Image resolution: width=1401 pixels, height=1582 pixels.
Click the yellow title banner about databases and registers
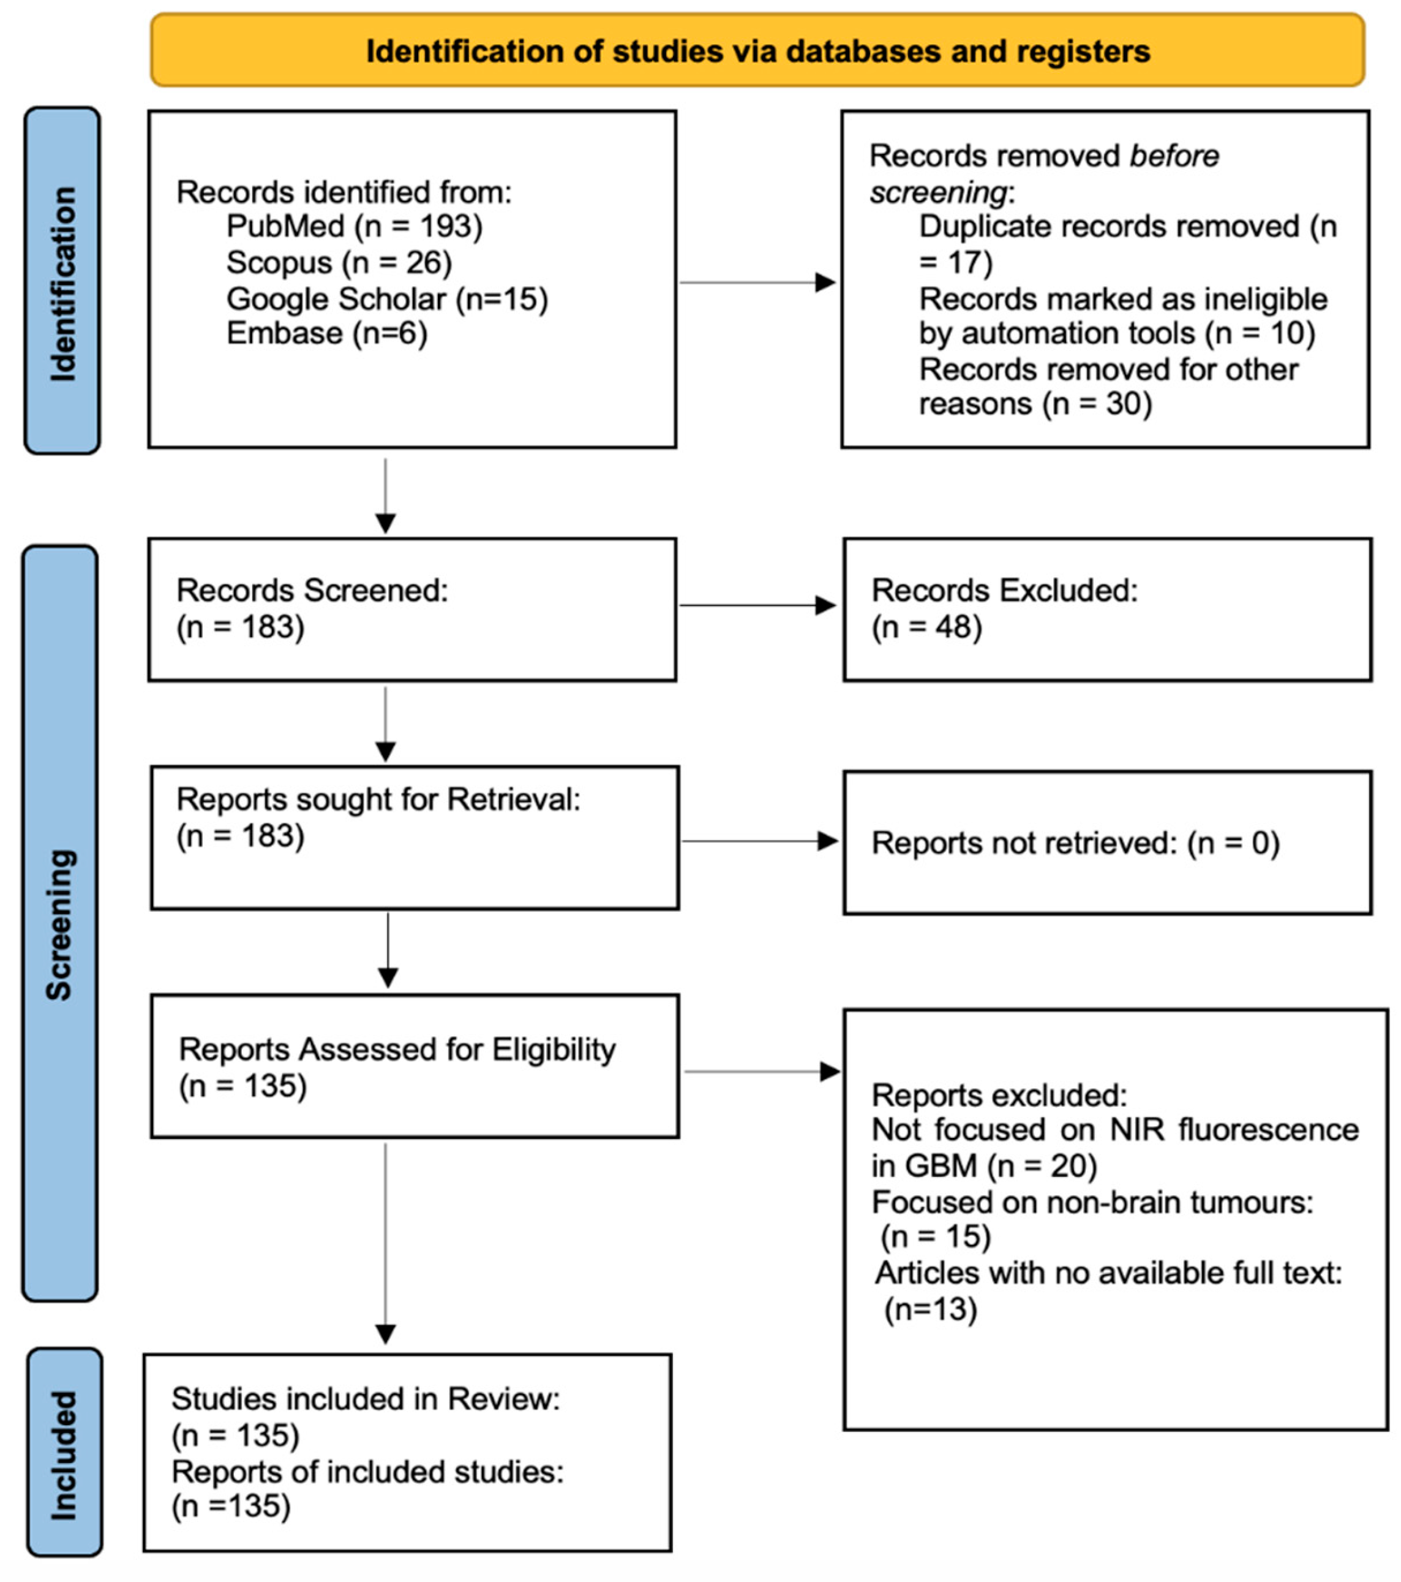[757, 50]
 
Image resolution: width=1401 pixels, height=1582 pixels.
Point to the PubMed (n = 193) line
[355, 227]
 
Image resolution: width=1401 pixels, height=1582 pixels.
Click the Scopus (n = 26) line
[339, 262]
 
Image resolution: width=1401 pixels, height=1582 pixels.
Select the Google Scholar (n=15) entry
[387, 299]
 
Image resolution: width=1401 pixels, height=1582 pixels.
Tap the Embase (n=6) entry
[326, 333]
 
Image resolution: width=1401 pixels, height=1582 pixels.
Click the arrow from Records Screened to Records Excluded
[757, 605]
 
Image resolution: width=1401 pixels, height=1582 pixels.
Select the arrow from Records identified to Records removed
[757, 282]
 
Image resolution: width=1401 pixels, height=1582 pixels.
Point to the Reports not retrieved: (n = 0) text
[1075, 843]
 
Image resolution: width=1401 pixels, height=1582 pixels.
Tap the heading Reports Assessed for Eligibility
[397, 1050]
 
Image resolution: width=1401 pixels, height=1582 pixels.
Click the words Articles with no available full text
[1108, 1273]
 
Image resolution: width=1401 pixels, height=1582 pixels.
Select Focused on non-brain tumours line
[1092, 1202]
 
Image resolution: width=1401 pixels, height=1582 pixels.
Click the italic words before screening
[1045, 174]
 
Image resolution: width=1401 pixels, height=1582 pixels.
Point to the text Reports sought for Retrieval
[378, 800]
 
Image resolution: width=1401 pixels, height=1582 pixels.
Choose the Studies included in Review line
[365, 1399]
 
